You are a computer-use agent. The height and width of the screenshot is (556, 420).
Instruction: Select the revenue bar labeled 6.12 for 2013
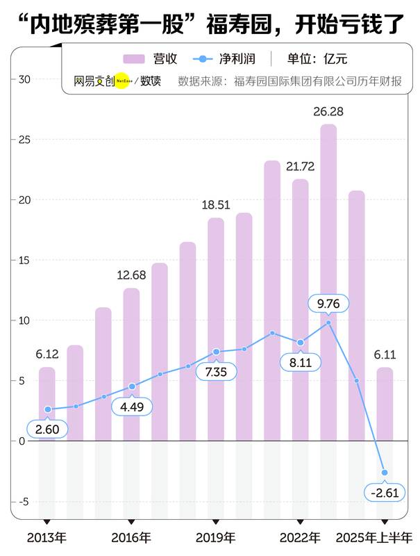pos(47,403)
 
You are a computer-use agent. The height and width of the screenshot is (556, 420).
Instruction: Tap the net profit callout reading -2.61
pos(385,493)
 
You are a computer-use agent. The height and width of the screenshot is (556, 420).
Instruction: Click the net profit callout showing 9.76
pos(328,303)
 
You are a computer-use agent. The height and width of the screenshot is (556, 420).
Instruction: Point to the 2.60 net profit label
pos(47,429)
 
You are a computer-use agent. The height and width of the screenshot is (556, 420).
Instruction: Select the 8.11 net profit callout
pos(300,362)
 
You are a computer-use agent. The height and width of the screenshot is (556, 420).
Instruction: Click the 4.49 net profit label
pos(131,407)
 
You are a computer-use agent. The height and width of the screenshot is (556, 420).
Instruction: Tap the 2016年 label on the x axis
pos(131,537)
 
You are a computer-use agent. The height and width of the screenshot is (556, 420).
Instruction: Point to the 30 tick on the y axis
pos(24,79)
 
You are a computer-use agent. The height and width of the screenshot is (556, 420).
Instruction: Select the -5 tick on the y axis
pos(24,501)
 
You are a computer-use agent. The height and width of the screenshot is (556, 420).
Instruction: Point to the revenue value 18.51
pos(216,205)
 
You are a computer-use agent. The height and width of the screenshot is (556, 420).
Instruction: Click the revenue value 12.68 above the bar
pos(131,275)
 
